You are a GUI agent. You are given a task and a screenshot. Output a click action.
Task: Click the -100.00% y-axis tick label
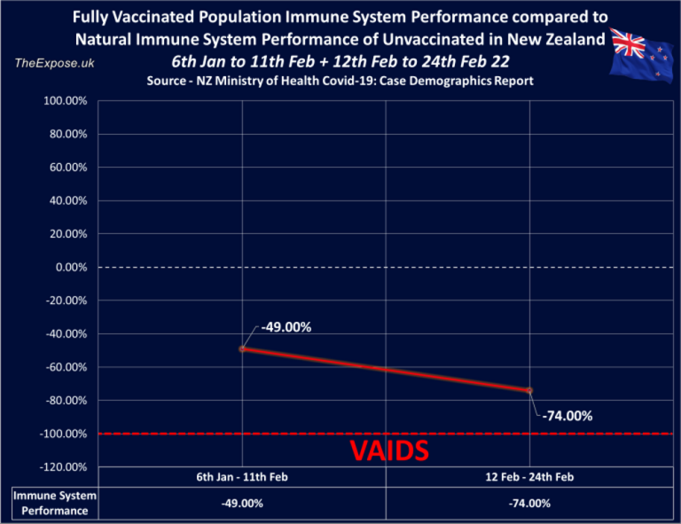point(63,434)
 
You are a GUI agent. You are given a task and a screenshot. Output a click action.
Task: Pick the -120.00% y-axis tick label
point(63,467)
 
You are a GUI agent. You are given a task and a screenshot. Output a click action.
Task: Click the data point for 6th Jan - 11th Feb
point(242,348)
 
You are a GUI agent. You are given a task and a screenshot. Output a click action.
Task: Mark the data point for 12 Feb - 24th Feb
point(529,390)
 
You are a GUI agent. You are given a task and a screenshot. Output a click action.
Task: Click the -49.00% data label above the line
point(286,327)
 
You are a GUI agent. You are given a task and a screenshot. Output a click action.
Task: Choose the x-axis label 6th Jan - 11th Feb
point(242,476)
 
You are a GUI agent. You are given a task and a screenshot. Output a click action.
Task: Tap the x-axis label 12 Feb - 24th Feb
point(529,476)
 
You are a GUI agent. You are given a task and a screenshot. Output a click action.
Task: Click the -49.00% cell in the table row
point(242,504)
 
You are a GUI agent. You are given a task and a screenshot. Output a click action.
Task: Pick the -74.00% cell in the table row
point(529,504)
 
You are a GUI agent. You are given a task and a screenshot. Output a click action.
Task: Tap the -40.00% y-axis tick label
point(63,334)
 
